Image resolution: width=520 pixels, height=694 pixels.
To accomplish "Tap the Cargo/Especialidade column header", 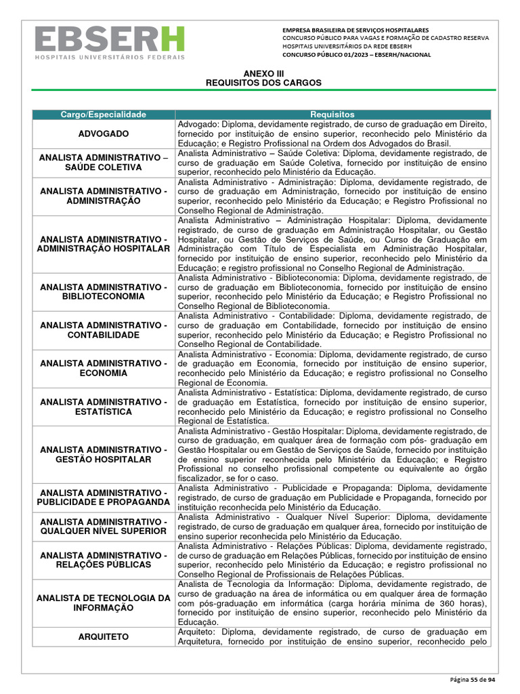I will tap(103, 115).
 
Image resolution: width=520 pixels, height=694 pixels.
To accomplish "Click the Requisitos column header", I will tap(332, 115).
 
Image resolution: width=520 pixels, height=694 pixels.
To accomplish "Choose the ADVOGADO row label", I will tap(103, 134).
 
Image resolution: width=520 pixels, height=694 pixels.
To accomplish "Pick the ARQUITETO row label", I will tap(103, 636).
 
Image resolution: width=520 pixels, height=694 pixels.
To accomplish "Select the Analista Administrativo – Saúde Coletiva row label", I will tap(103, 163).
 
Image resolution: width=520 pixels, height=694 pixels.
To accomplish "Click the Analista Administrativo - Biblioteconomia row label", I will tap(103, 292).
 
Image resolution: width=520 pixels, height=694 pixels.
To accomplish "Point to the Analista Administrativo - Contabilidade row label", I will tap(103, 330).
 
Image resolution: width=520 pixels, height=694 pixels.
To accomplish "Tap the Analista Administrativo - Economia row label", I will tap(103, 369).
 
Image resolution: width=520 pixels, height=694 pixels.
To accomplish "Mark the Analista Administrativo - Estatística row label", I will tap(103, 407).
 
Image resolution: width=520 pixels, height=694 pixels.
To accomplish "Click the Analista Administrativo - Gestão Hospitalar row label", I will tap(103, 455).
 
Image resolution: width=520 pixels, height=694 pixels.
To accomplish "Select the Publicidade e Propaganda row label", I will tap(103, 497).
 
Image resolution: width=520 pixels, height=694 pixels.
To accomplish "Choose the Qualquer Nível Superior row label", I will tap(103, 526).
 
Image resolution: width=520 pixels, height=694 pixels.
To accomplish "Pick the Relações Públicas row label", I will tap(103, 560).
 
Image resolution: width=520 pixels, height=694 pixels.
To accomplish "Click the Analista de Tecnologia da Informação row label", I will tap(103, 603).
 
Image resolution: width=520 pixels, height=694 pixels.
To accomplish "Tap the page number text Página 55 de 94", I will tap(473, 679).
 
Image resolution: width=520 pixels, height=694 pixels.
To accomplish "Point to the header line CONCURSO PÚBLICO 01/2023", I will tap(355, 55).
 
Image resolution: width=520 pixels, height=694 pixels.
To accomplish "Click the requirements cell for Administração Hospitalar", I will tap(332, 244).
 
